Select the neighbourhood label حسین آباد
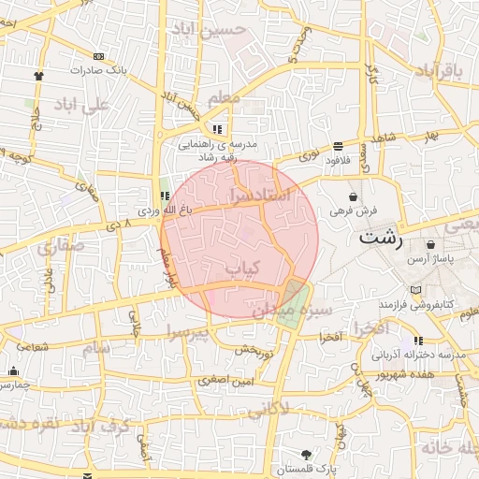[x=207, y=28]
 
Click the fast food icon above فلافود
[x=338, y=146]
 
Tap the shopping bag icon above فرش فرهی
[x=352, y=197]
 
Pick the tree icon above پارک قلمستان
[x=306, y=453]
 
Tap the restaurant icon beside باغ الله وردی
[x=165, y=196]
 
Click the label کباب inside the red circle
[x=240, y=269]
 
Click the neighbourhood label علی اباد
[x=83, y=104]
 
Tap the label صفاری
[x=61, y=246]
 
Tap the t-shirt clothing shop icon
[x=38, y=75]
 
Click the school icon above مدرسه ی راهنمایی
[x=218, y=129]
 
